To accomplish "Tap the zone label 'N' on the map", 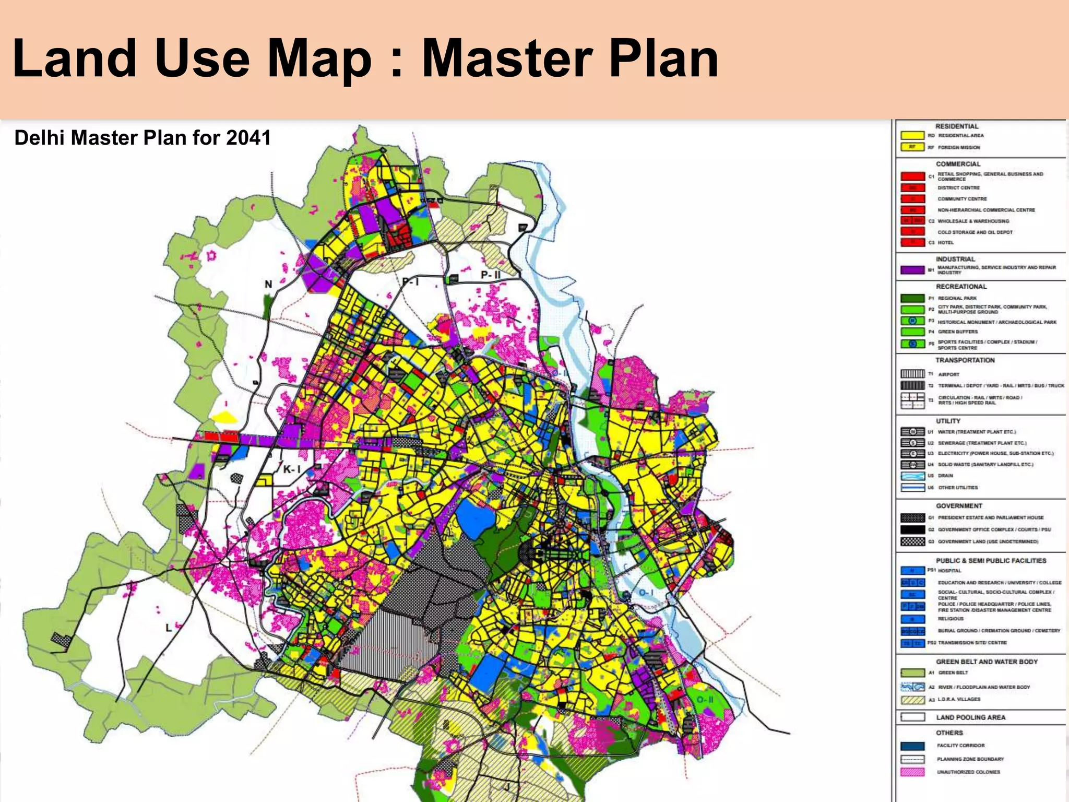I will coord(268,285).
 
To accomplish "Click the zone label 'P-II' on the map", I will coord(490,275).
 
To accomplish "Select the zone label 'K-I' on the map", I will coord(291,469).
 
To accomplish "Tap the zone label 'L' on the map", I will coord(169,628).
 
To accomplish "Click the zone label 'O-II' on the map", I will coord(705,700).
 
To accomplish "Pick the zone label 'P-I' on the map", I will coord(410,282).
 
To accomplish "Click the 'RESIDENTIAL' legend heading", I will coord(957,126).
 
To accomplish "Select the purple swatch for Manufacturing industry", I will coord(912,270).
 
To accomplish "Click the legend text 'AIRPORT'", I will coord(948,374).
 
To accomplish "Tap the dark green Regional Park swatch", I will coord(912,298).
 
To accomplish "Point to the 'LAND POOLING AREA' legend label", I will coord(970,717).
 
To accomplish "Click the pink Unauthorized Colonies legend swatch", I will coord(912,772).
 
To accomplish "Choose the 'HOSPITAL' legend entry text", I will coord(949,571).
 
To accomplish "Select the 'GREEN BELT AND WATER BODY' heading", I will coord(987,662).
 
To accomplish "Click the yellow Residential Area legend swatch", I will coord(912,136).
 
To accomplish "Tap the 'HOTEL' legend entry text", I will coord(945,243).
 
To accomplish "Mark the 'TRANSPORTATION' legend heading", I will coord(965,360).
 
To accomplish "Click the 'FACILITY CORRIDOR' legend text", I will coord(960,746).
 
